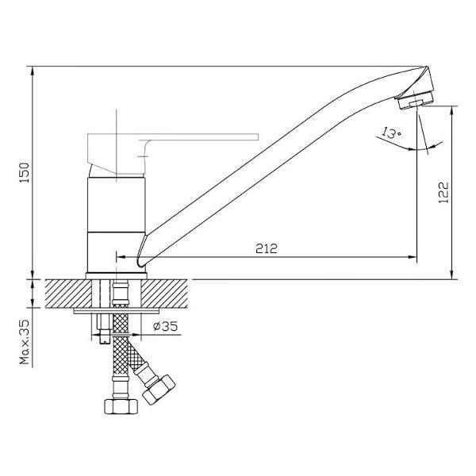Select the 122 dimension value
[x=443, y=191]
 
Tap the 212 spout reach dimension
[x=267, y=248]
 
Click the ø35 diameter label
[x=164, y=326]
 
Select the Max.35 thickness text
[x=25, y=342]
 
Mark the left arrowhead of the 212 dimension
[x=121, y=256]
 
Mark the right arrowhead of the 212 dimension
[x=413, y=256]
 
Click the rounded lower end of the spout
[x=141, y=259]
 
